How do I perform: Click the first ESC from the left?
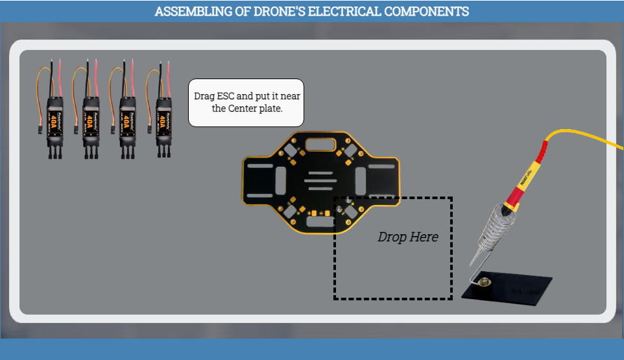coord(55,119)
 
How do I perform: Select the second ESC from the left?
coord(91,119)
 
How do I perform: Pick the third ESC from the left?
coord(128,119)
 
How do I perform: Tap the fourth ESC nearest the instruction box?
coord(164,119)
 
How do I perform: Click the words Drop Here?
coord(407,237)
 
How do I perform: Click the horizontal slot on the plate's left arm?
coord(260,167)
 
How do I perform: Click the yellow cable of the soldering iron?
coord(584,134)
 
